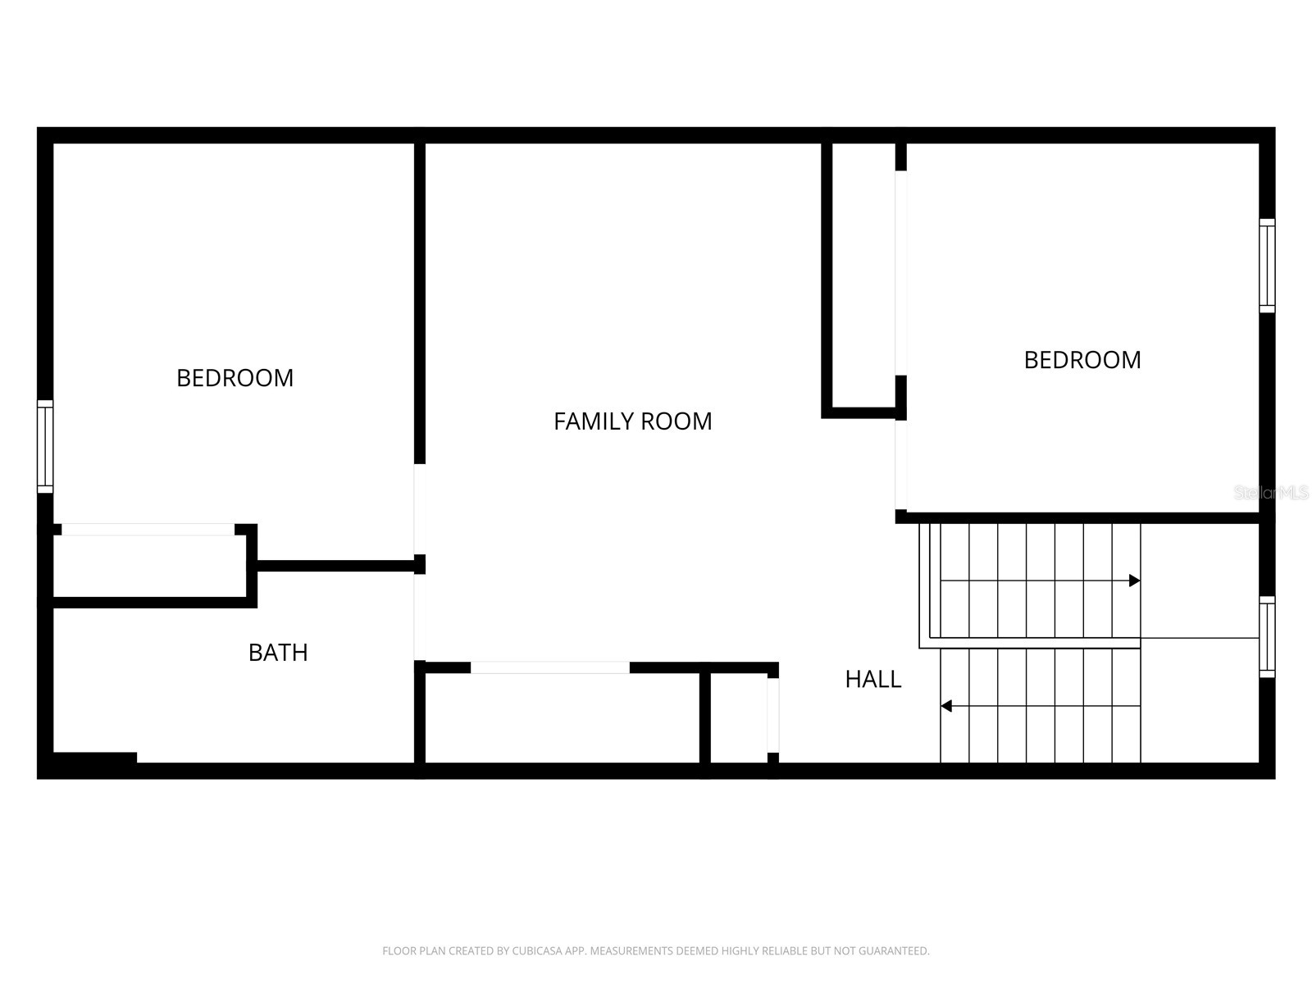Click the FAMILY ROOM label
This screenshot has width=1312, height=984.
(632, 421)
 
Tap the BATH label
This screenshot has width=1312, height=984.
(278, 653)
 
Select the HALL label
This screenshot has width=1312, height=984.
(872, 679)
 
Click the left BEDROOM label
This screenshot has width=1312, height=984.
(235, 378)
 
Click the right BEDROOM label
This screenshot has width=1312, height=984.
(1082, 360)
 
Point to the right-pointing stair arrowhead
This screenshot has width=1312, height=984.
(1134, 581)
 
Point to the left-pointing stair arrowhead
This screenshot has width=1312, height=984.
(946, 706)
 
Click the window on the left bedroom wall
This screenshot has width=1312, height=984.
(45, 447)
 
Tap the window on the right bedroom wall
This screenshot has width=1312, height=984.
(1267, 266)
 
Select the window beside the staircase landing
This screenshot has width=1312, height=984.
(1267, 637)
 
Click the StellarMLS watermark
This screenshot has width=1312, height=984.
(1270, 493)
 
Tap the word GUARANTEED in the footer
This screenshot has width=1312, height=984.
(896, 951)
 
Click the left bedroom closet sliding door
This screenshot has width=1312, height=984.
(148, 530)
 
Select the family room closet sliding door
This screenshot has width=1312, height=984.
(549, 667)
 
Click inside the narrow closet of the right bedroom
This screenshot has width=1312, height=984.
(863, 275)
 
